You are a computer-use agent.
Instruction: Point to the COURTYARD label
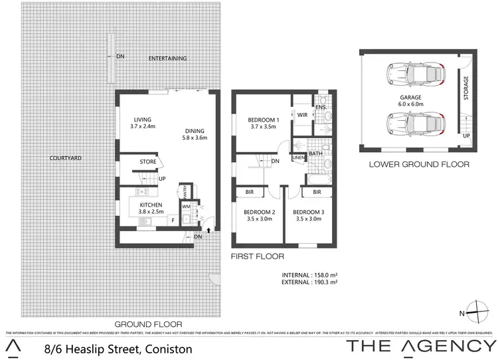[x=66, y=158]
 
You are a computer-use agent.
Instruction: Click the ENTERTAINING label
[x=167, y=58]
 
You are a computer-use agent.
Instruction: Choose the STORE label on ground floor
[x=147, y=161]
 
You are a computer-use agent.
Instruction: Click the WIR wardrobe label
[x=301, y=115]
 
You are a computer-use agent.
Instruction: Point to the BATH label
[x=315, y=154]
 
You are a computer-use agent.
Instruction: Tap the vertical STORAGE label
[x=466, y=88]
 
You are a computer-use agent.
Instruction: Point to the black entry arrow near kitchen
[x=209, y=230]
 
